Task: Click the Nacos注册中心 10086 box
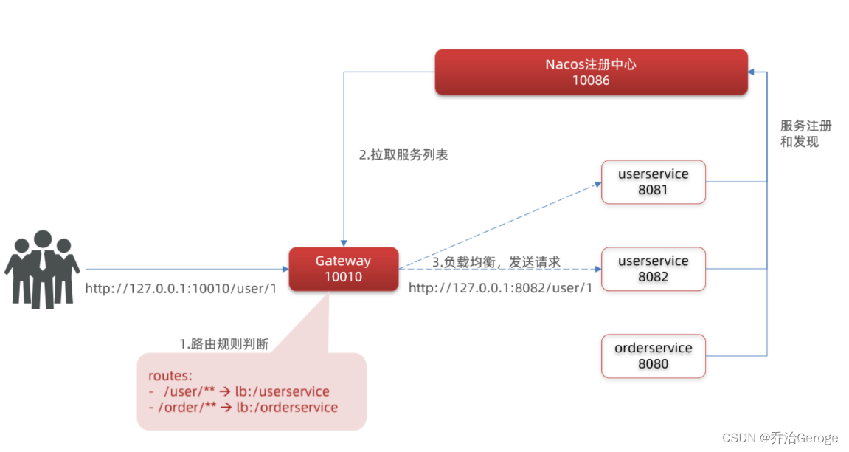click(x=591, y=72)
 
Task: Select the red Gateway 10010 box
click(x=343, y=269)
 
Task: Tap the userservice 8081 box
click(x=654, y=182)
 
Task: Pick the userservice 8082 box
click(x=654, y=269)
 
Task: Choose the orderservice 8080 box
click(x=654, y=356)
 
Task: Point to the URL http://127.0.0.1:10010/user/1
click(x=181, y=289)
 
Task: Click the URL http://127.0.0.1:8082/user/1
click(x=500, y=289)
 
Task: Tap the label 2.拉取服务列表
click(x=403, y=156)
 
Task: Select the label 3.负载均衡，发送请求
click(x=496, y=262)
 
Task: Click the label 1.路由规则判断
click(x=224, y=344)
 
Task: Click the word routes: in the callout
click(x=170, y=376)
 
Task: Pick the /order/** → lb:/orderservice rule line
click(x=243, y=408)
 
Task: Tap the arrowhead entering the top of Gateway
click(x=343, y=242)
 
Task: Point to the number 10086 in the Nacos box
click(x=591, y=81)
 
